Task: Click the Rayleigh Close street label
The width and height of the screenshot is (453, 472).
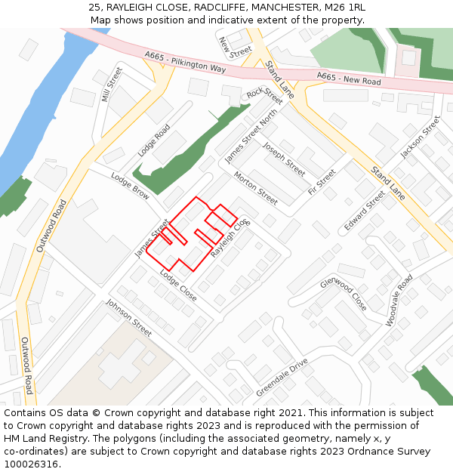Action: click(230, 238)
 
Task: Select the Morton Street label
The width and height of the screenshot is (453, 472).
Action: click(255, 188)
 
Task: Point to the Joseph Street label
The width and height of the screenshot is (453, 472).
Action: click(283, 159)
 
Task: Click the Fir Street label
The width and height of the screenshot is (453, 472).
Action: click(322, 181)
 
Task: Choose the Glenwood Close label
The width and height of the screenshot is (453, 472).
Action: click(343, 294)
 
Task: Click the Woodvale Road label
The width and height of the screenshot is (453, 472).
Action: click(399, 300)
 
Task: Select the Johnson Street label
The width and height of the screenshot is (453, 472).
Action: click(128, 317)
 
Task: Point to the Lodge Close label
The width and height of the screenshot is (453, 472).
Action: click(178, 286)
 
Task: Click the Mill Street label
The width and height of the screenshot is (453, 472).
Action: click(111, 85)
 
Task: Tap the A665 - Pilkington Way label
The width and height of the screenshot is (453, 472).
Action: click(184, 62)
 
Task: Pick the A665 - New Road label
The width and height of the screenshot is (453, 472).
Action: click(349, 78)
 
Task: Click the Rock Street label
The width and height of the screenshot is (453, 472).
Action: click(264, 96)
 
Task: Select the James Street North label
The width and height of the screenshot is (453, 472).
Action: click(251, 134)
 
